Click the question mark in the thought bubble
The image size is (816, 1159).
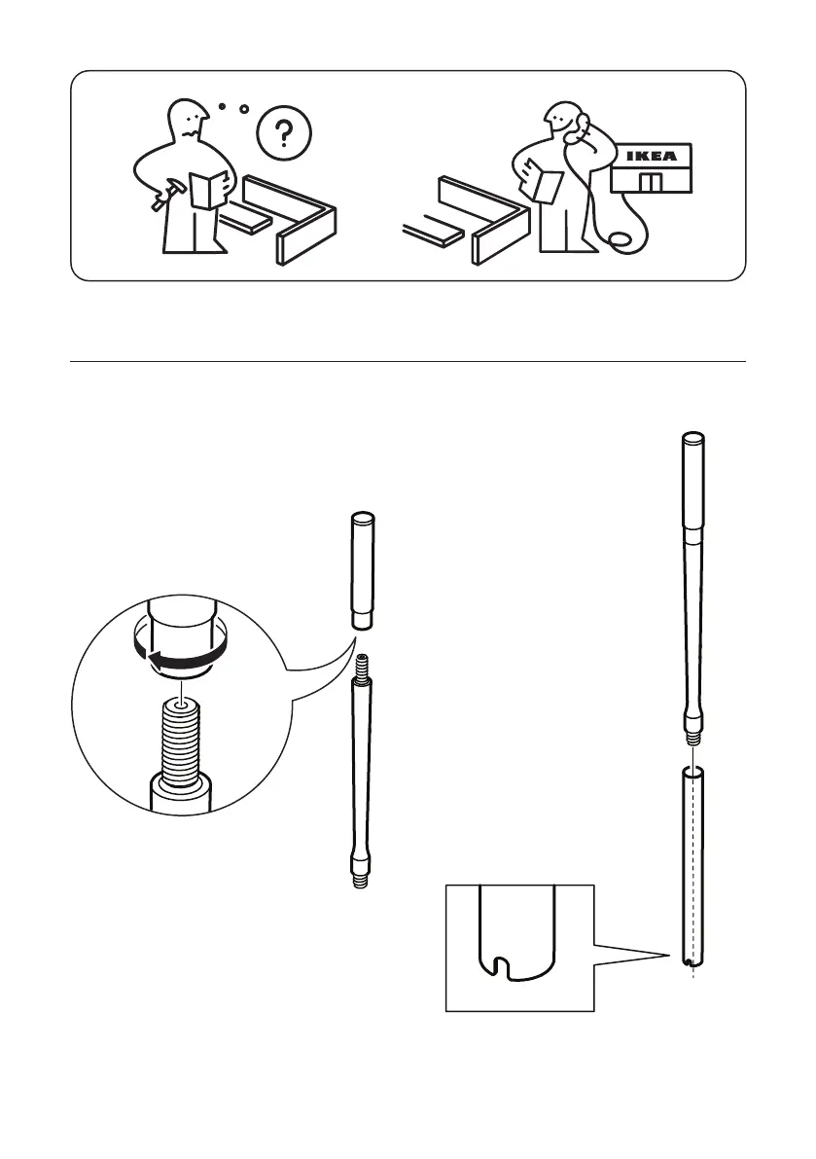(284, 133)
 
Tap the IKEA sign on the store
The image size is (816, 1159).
(652, 156)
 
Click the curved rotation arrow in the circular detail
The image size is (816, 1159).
(179, 659)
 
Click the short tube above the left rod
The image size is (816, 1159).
(362, 571)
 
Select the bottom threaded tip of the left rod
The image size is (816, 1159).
(361, 878)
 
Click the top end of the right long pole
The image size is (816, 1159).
(692, 437)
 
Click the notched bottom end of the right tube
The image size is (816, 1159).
(692, 960)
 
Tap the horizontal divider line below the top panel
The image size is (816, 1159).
(408, 362)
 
